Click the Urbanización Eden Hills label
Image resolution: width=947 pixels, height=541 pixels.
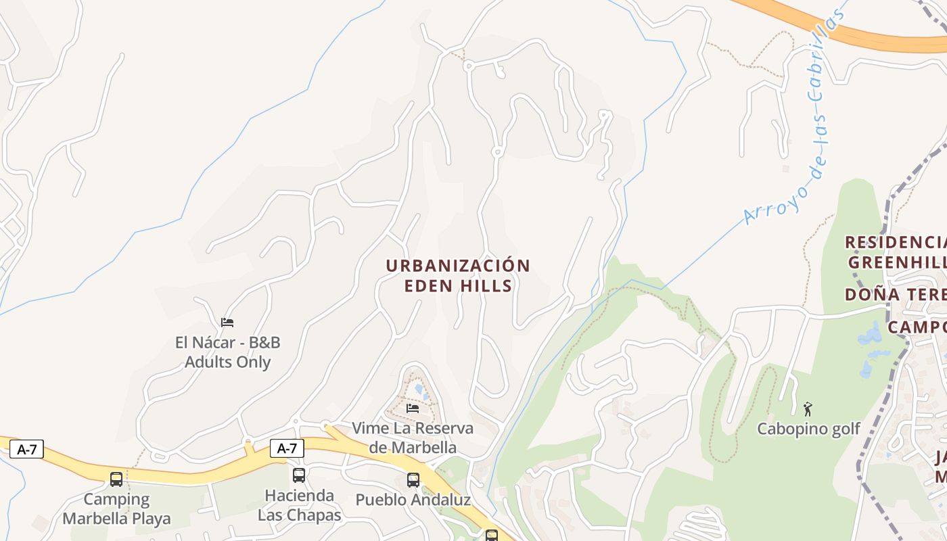tap(458, 275)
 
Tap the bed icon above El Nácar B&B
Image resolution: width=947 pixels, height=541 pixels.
tap(227, 322)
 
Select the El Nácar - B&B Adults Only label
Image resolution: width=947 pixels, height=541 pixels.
tap(227, 352)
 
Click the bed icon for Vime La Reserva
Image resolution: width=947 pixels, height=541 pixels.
tap(413, 408)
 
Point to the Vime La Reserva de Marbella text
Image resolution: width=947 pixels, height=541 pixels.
tap(413, 438)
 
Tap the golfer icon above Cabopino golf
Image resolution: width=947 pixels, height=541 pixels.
tap(807, 408)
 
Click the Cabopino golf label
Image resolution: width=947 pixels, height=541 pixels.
tap(808, 429)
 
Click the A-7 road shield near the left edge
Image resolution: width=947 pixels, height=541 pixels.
tap(26, 449)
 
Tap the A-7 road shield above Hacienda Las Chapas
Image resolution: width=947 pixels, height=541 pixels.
tap(287, 448)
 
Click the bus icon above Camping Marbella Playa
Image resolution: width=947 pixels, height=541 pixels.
tap(116, 479)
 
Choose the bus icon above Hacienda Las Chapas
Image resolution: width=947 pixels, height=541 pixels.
tap(299, 475)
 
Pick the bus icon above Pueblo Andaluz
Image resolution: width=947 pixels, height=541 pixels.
tap(413, 480)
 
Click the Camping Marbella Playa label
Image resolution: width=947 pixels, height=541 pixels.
tap(116, 509)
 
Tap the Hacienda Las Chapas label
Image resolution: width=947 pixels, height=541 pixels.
tap(299, 505)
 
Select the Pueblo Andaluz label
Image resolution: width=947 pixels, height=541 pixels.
tap(413, 500)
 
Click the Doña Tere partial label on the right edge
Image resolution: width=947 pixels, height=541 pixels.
tap(896, 295)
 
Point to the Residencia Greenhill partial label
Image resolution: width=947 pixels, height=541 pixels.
tap(896, 252)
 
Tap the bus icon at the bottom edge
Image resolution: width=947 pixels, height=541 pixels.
tap(492, 536)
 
